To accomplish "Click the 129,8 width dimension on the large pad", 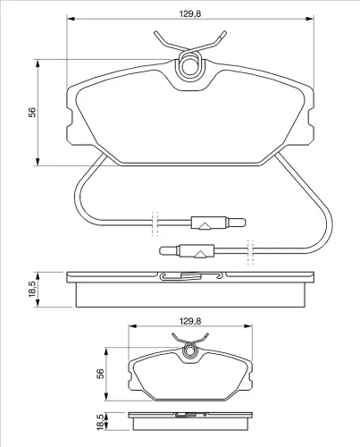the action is [190, 13].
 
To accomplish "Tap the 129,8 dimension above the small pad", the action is [190, 321].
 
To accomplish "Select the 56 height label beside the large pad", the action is [32, 112].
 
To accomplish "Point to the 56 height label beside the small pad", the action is [101, 374].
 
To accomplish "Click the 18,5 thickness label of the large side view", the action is [32, 289].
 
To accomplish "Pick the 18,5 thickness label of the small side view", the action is [101, 422].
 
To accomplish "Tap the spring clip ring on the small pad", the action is [189, 350].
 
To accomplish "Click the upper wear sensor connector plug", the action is [218, 223].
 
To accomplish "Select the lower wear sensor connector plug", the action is [187, 251].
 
